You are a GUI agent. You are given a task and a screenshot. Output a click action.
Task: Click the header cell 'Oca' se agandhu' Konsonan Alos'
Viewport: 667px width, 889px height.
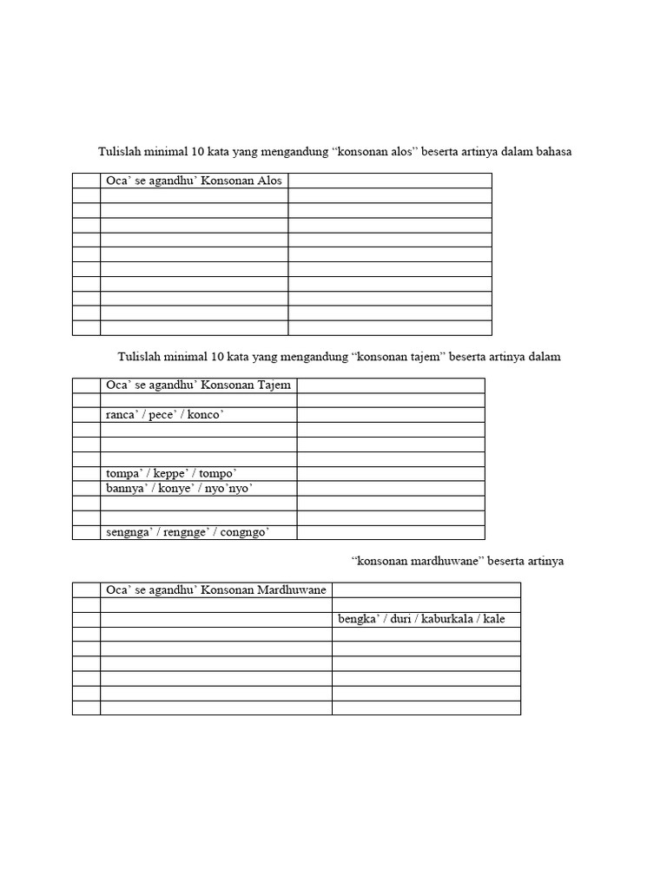(194, 181)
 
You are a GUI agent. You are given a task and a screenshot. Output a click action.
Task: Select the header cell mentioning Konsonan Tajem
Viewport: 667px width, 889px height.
(199, 385)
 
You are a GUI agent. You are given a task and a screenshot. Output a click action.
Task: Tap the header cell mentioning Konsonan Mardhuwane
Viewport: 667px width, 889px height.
(215, 590)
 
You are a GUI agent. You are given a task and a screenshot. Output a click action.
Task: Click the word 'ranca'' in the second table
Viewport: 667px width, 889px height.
(122, 415)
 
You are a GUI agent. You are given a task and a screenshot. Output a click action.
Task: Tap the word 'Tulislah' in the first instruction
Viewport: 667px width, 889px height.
(116, 152)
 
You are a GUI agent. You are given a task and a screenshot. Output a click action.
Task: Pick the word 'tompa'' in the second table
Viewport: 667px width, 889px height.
(124, 474)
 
